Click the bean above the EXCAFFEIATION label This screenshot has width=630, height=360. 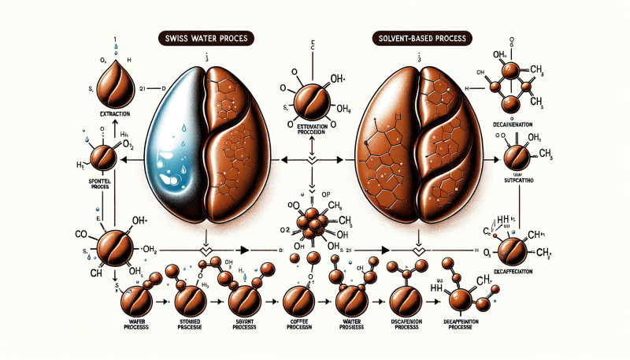click(x=516, y=249)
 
